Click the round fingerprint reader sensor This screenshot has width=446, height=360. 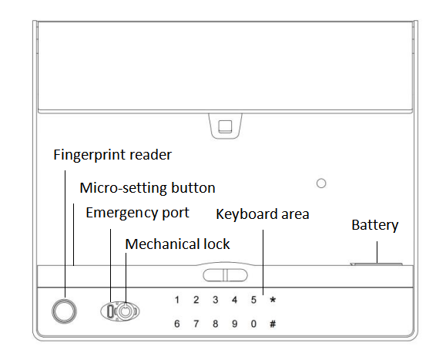pos(64,311)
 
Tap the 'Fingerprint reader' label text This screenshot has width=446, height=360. pos(112,155)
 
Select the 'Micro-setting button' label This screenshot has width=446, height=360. pos(147,188)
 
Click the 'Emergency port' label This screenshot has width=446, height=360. pos(137,213)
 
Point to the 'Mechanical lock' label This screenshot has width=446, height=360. pos(177,244)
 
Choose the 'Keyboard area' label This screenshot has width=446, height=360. pos(262,214)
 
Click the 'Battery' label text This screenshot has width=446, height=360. pos(374,225)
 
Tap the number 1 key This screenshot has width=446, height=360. pos(177,300)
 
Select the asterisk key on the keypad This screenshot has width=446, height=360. pos(273,300)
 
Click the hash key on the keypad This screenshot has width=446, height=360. pos(273,324)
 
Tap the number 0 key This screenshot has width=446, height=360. pos(253,324)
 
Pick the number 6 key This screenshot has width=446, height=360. pos(177,324)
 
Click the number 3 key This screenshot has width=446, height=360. pos(216,300)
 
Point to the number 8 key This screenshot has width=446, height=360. pos(216,324)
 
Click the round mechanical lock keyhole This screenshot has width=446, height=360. pos(125,311)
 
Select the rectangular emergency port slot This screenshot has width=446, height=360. pos(110,311)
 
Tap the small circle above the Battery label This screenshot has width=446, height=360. pos(321,183)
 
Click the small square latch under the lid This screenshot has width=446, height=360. pos(225,126)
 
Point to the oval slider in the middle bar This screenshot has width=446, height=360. pos(225,275)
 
